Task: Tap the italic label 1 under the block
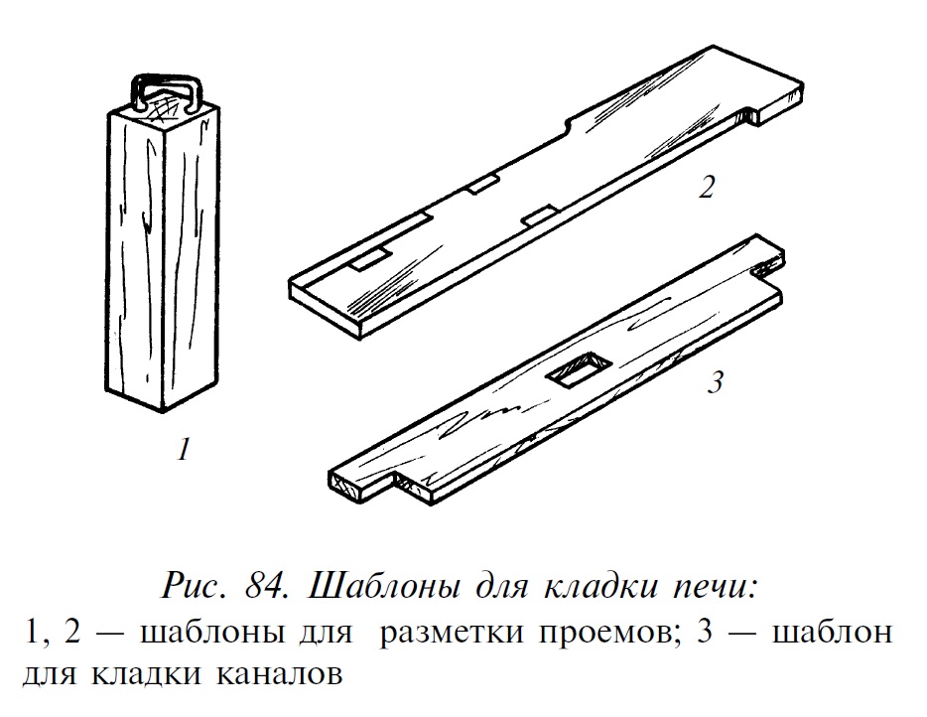[185, 449]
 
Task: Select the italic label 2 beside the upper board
[707, 187]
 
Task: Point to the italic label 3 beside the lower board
[716, 382]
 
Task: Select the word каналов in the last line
[279, 675]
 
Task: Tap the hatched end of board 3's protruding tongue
[350, 485]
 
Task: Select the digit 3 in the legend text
[706, 633]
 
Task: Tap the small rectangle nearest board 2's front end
[370, 259]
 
